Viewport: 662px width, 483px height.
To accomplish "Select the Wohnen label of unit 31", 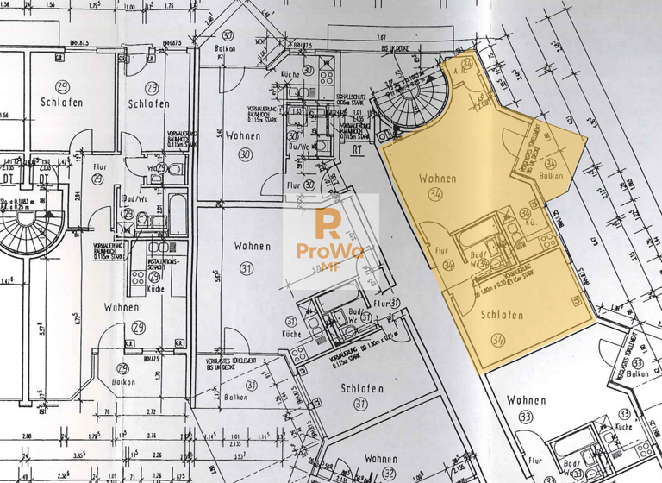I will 252,246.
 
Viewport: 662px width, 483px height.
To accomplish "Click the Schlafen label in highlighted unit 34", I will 502,316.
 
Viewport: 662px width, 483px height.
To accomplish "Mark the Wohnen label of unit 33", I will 526,400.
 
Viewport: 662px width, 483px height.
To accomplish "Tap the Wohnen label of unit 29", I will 122,307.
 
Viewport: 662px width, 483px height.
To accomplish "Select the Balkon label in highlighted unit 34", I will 551,176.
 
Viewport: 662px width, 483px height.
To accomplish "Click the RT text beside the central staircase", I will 356,148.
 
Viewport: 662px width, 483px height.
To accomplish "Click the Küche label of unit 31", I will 292,333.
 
